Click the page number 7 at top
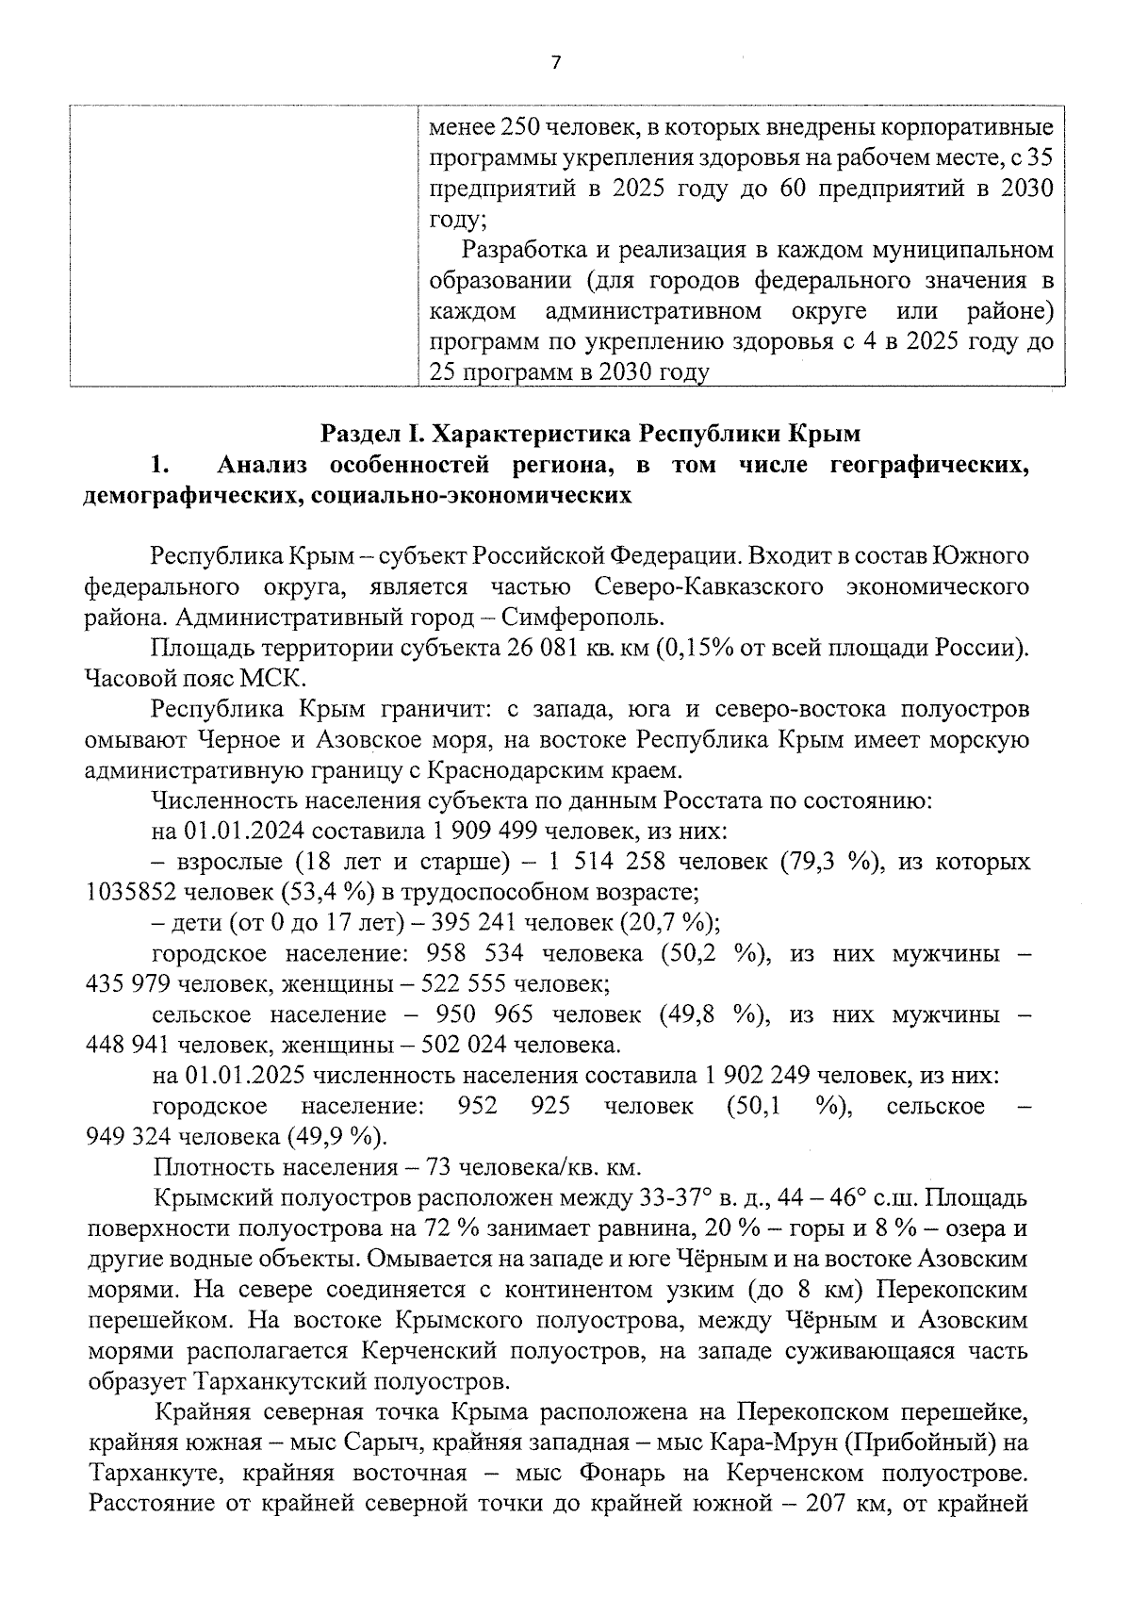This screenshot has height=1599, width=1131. pyautogui.click(x=555, y=63)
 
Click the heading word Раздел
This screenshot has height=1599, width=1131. pyautogui.click(x=359, y=434)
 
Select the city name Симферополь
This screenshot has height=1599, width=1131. pyautogui.click(x=582, y=618)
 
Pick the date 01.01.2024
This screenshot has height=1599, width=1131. pyautogui.click(x=244, y=832)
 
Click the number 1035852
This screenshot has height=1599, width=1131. pyautogui.click(x=131, y=892)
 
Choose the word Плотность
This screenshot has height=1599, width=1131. pyautogui.click(x=209, y=1167)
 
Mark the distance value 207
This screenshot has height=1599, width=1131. pyautogui.click(x=829, y=1504)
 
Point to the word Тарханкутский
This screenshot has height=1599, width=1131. pyautogui.click(x=284, y=1382)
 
